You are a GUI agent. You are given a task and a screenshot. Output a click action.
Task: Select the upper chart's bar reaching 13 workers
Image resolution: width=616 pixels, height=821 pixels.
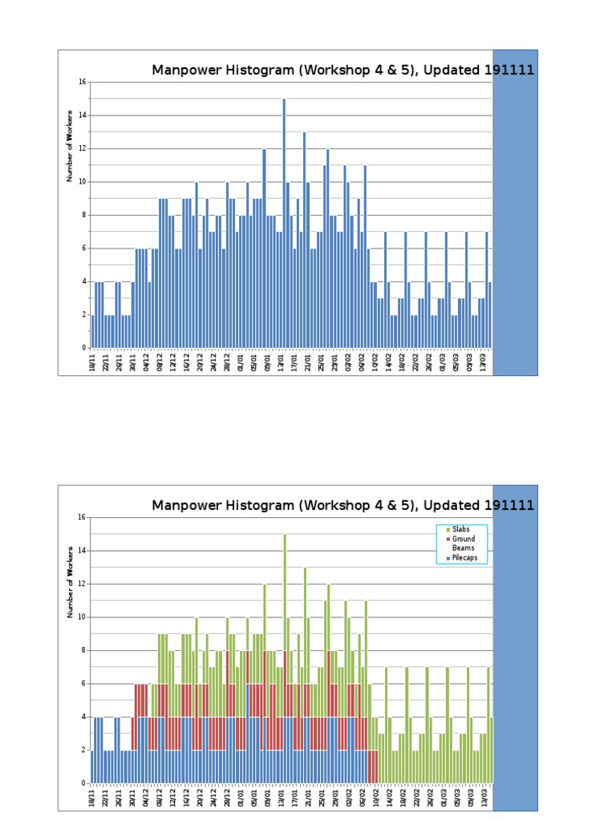304,240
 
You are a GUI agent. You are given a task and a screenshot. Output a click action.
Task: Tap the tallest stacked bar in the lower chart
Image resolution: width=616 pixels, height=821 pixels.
284,657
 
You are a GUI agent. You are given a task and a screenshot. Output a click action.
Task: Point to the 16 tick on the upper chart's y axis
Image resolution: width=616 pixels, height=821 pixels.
83,82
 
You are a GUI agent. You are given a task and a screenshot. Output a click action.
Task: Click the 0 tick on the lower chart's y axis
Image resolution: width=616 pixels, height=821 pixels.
83,783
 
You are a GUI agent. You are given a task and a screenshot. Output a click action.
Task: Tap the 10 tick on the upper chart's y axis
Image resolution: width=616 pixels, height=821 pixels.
83,181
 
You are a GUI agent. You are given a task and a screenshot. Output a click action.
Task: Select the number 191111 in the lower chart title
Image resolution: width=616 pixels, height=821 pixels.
509,505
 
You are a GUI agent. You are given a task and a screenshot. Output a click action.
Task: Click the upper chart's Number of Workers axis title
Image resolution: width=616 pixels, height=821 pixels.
70,145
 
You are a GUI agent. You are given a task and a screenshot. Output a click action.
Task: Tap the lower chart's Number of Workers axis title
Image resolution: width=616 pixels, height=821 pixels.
70,580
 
